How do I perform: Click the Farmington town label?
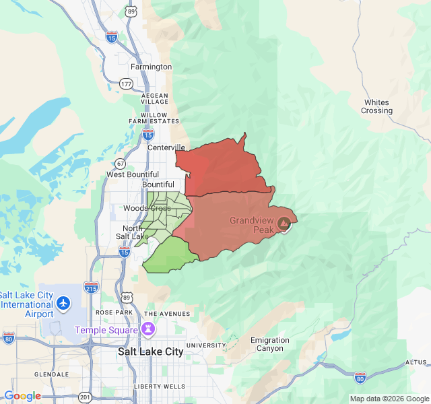pos(151,67)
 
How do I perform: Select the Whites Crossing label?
pos(376,106)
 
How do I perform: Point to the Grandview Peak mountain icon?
pos(285,223)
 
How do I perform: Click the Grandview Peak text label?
pos(253,225)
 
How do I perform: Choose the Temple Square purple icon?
pos(147,329)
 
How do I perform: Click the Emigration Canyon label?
pos(269,344)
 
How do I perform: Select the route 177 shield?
pos(126,83)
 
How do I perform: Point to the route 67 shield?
pos(120,164)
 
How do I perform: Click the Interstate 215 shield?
pos(92,288)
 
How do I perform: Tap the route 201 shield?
pos(86,397)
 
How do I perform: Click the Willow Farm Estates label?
pos(154,118)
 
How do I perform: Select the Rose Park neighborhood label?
pos(114,312)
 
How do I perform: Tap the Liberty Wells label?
pos(159,386)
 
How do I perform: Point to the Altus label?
pos(416,362)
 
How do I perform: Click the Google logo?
pos(22,396)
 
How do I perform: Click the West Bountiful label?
pos(133,174)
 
